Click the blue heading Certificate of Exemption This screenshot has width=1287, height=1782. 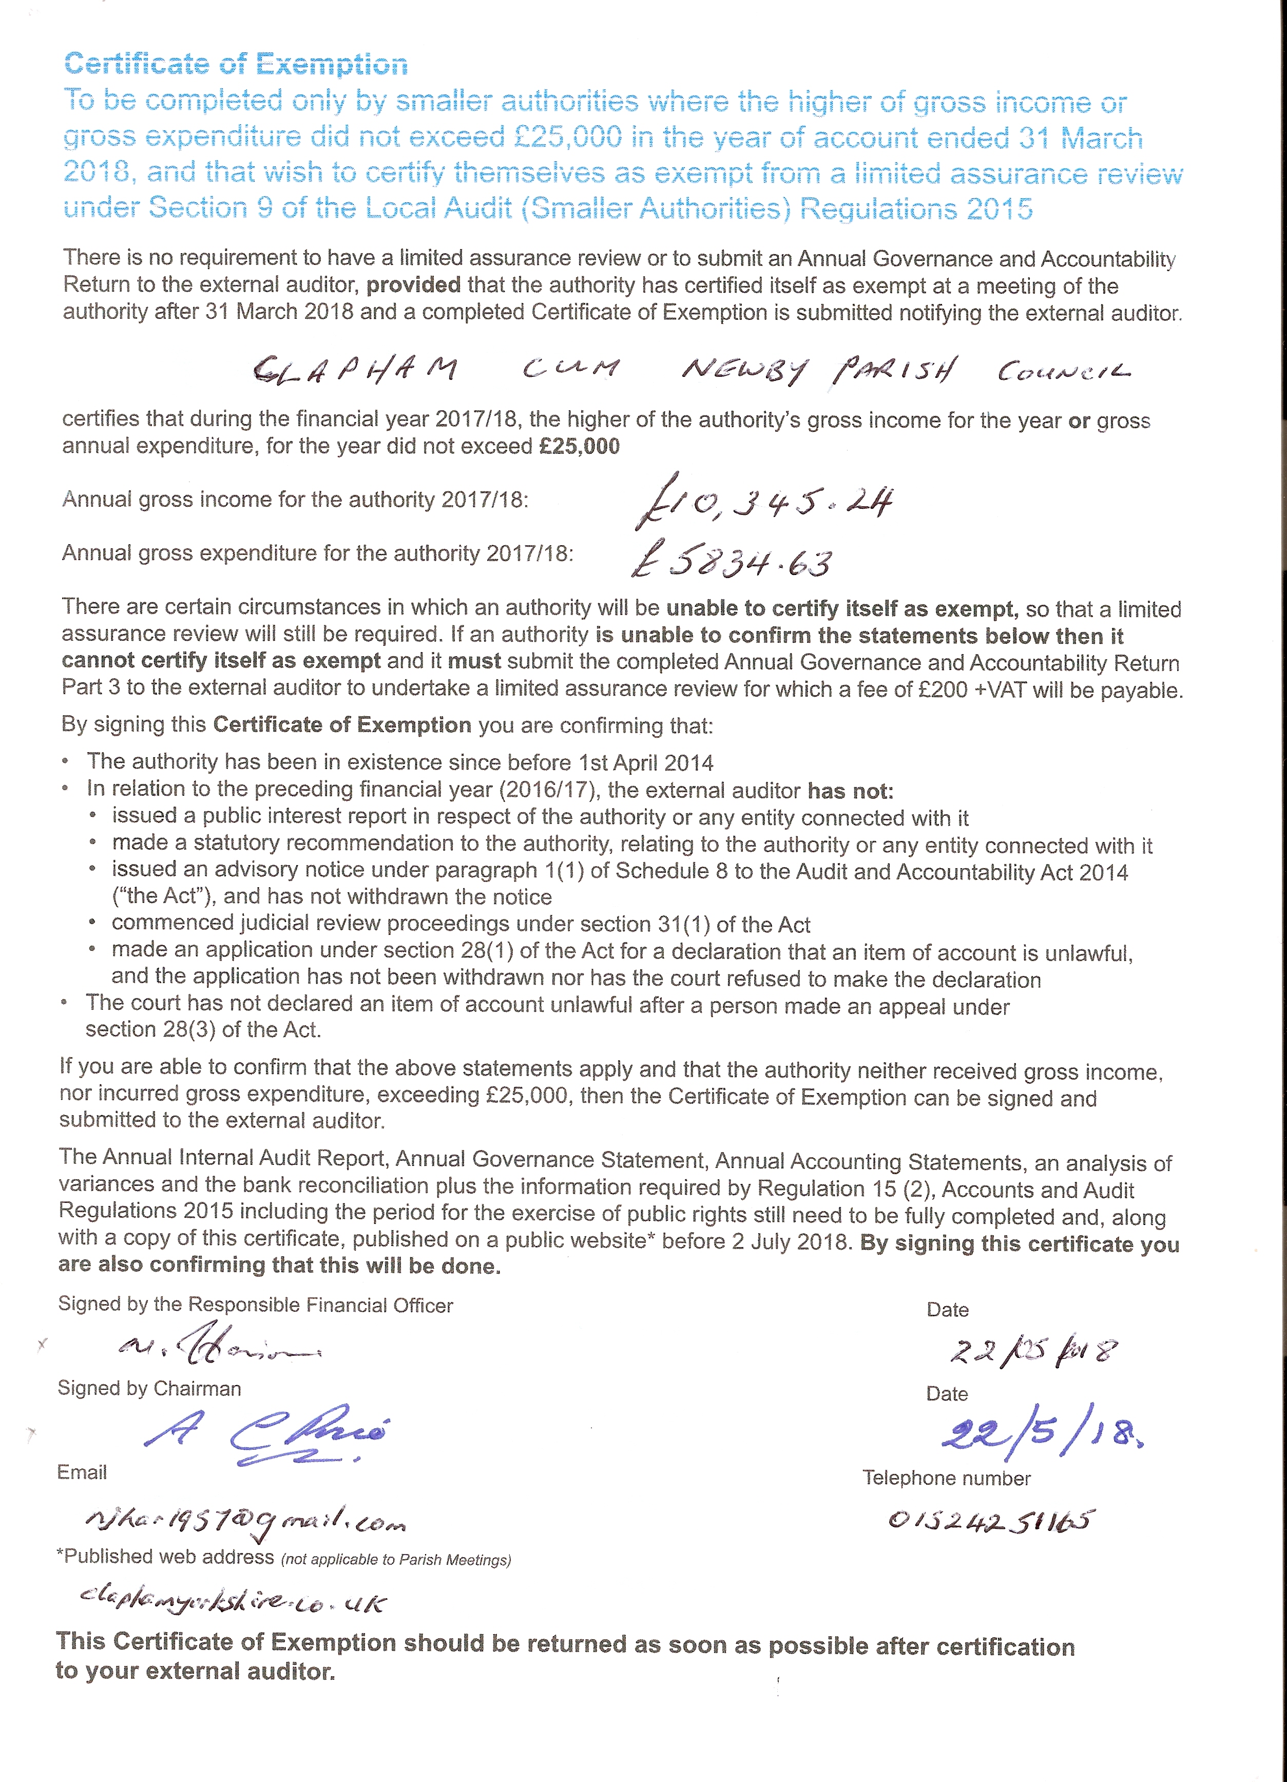236,64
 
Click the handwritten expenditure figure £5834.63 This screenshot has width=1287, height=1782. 732,561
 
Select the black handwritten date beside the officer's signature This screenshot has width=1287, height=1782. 1032,1350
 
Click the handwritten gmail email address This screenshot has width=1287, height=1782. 245,1523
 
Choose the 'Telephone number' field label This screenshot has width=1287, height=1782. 946,1478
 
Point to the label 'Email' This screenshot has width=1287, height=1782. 82,1472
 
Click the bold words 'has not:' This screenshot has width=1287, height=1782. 851,791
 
